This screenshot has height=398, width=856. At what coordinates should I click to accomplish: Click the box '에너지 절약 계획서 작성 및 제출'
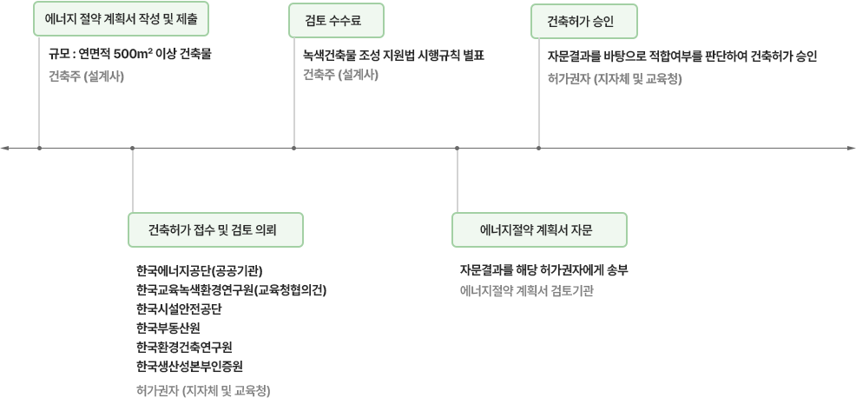pos(121,20)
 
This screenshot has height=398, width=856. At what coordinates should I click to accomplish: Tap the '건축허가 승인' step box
pos(583,21)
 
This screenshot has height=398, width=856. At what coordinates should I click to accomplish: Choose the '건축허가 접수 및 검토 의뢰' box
pos(215,230)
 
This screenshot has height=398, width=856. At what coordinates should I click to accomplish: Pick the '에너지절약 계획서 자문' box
pos(538,230)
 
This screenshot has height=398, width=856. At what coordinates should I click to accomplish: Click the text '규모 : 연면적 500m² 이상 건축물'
pos(130,54)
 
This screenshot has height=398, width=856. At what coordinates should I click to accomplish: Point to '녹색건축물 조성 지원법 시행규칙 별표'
pos(392,54)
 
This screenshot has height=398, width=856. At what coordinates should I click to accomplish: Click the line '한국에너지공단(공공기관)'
pos(200,269)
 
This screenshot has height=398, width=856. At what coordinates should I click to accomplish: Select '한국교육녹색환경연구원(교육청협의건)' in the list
pos(231,289)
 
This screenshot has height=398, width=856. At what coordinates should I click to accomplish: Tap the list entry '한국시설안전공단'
pos(179,308)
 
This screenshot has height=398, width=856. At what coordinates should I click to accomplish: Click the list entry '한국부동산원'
pos(168,327)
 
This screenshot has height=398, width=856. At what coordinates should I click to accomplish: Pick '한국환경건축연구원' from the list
pos(184,346)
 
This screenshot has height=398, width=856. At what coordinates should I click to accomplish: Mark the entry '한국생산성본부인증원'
pos(189,365)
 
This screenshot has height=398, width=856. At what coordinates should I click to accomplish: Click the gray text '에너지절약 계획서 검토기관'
pos(526,290)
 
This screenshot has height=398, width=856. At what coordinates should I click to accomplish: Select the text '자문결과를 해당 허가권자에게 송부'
pos(543,269)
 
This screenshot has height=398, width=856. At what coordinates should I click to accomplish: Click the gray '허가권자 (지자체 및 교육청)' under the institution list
pos(203,390)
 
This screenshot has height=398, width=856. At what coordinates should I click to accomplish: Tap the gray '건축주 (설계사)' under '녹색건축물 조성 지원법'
pos(341,75)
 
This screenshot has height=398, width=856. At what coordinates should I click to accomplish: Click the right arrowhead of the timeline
pos(851,149)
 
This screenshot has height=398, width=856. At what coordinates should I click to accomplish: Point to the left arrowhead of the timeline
pos(5,149)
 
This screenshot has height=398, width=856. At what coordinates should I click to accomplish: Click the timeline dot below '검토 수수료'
pos(294,149)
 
